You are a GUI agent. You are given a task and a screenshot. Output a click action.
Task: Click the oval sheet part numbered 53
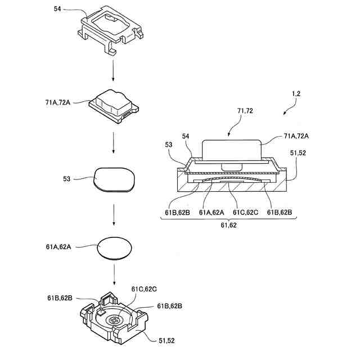[114, 179]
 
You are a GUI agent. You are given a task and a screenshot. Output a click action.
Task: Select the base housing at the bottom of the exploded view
[115, 318]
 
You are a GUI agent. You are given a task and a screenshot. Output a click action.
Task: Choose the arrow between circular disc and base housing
[114, 274]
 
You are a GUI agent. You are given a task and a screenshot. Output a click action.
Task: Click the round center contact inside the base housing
[114, 320]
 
